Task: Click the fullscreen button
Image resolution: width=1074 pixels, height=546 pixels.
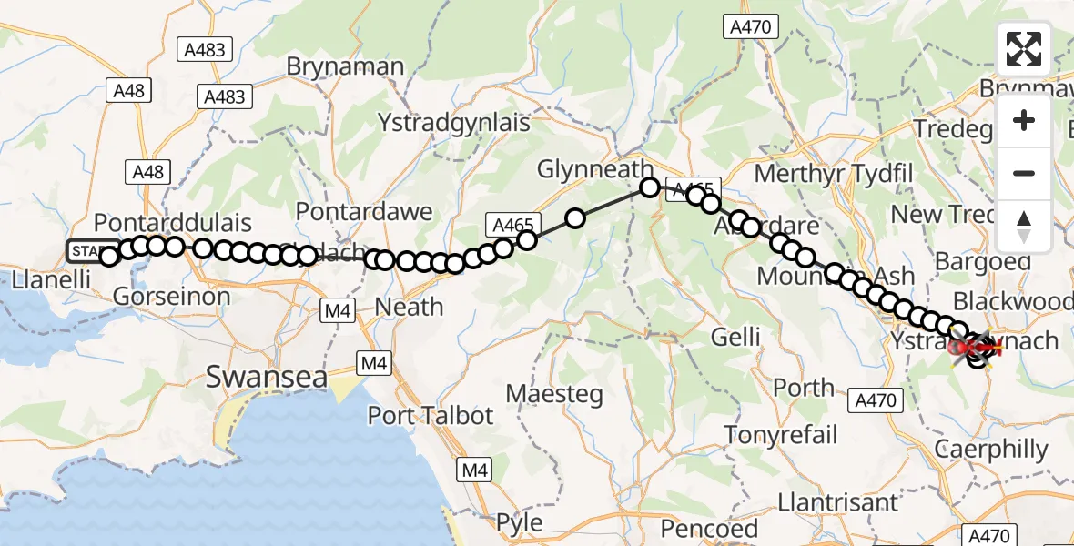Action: (x=1024, y=49)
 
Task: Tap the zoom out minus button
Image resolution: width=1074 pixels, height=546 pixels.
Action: (x=1024, y=173)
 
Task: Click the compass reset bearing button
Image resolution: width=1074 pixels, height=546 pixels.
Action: (x=1024, y=226)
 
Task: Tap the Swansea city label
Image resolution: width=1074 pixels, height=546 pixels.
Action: (x=266, y=376)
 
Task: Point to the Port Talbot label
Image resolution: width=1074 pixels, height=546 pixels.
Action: (x=430, y=416)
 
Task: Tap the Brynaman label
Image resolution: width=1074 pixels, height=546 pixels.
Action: (x=345, y=66)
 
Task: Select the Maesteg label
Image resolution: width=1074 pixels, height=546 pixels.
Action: (x=553, y=395)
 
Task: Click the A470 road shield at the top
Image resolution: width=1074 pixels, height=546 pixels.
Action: (x=751, y=27)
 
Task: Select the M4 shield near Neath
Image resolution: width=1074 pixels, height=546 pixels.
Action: (x=338, y=312)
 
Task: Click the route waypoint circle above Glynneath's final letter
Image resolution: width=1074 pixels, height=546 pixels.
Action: (x=649, y=187)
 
